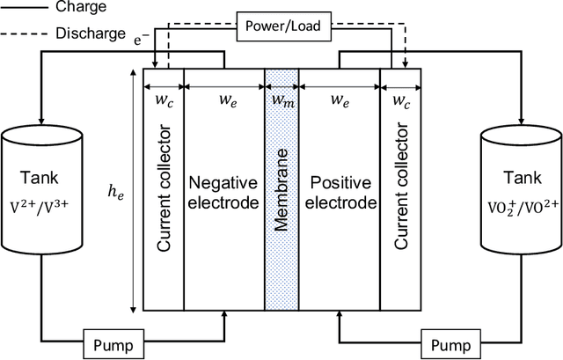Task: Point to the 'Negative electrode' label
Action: click(x=223, y=193)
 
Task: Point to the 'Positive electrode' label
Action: click(x=340, y=193)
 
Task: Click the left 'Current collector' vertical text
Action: click(x=165, y=194)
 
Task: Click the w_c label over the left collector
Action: click(x=164, y=100)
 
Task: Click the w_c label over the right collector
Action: click(x=400, y=100)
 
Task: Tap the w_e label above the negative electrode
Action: click(x=223, y=100)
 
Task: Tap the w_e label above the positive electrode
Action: click(x=340, y=100)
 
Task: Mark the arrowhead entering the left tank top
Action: click(x=40, y=124)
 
